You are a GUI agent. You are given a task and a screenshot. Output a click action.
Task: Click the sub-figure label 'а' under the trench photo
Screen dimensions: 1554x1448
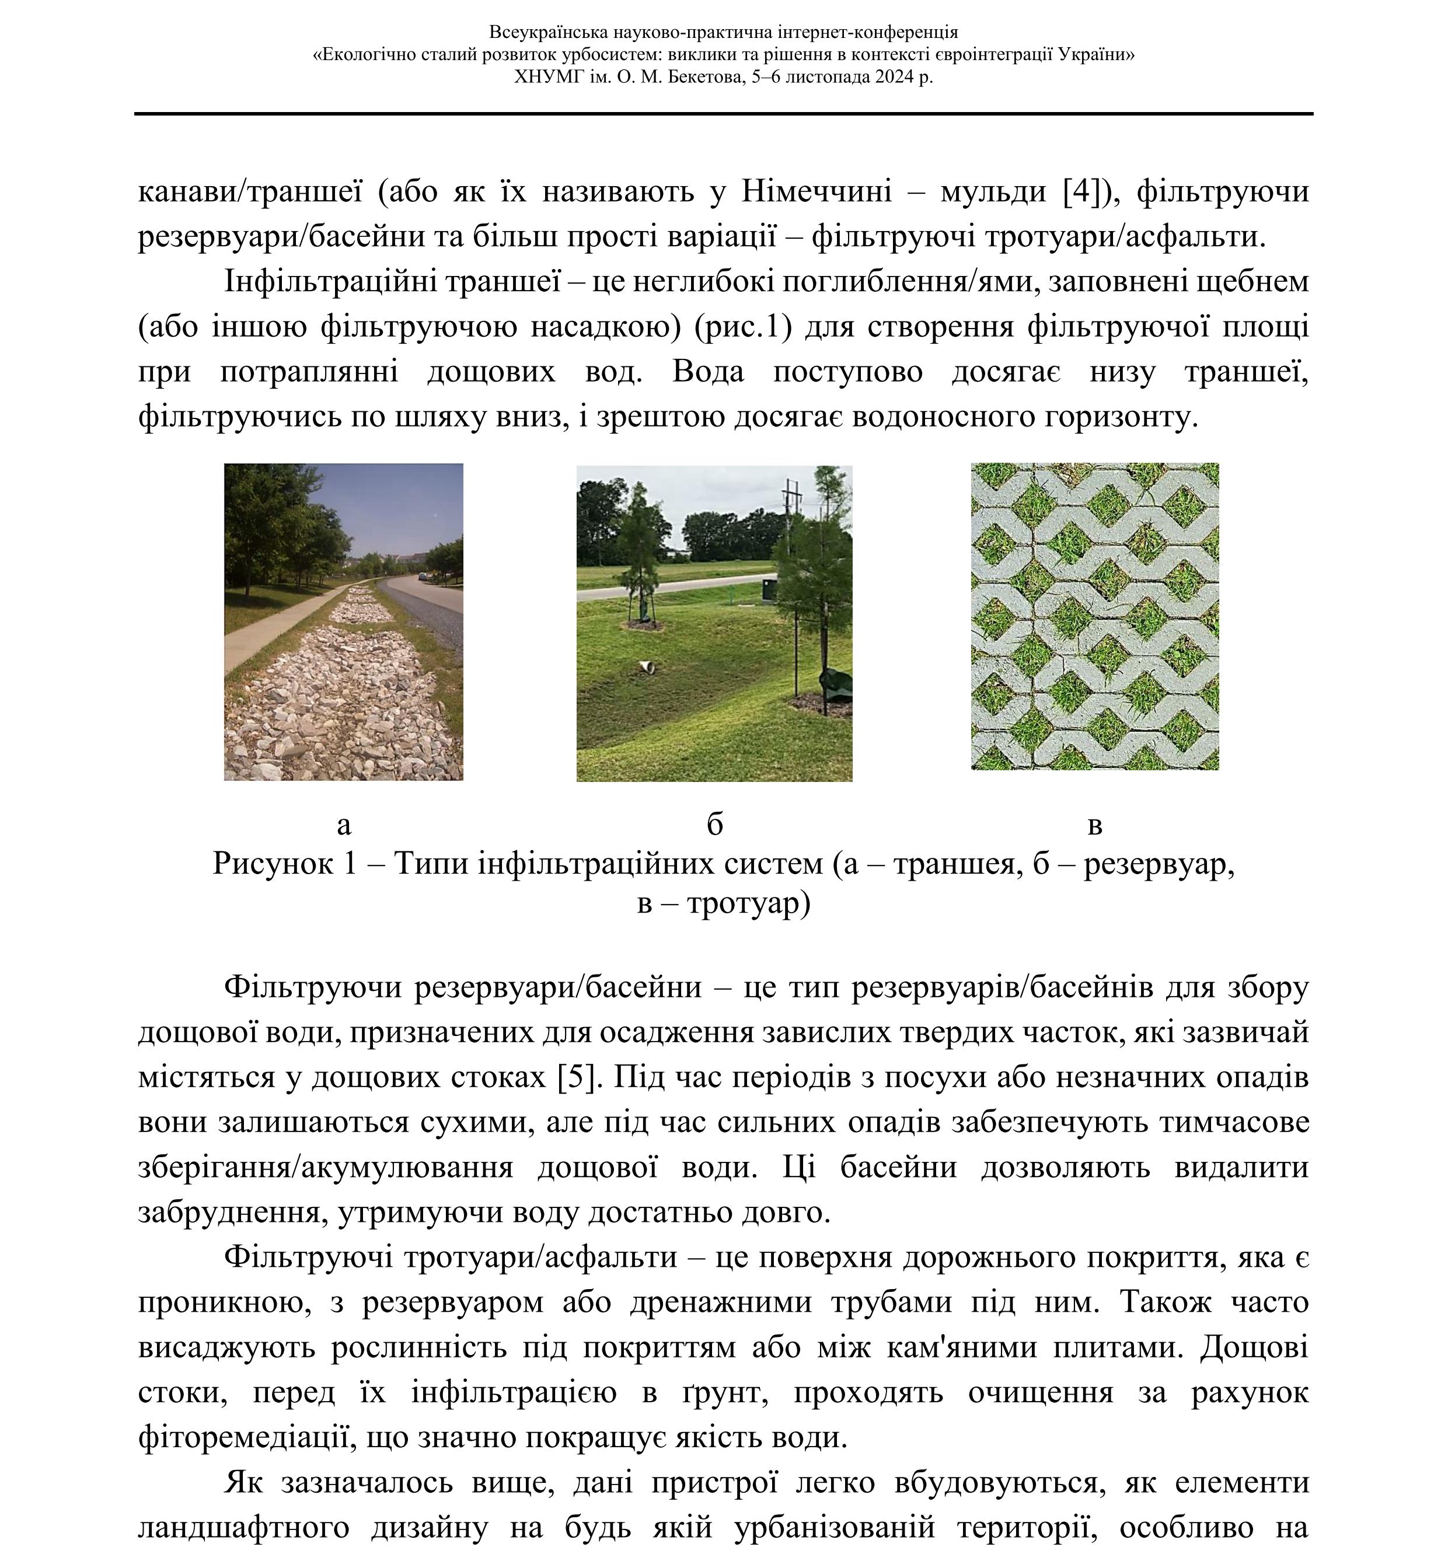343,825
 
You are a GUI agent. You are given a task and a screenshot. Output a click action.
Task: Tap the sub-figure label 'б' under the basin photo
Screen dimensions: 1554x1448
714,825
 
